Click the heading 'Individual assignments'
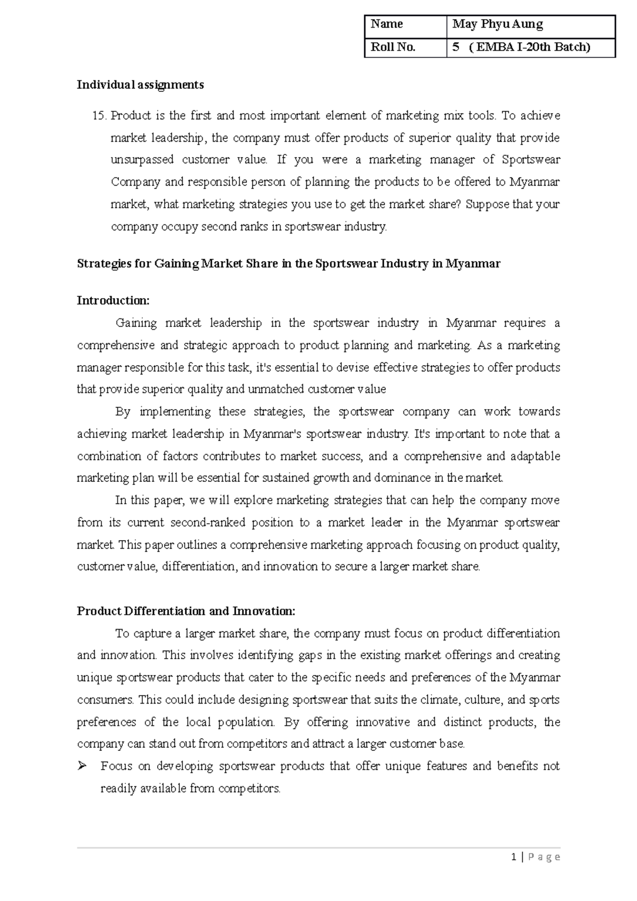pyautogui.click(x=140, y=84)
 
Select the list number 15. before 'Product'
pyautogui.click(x=100, y=116)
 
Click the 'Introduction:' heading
pyautogui.click(x=114, y=301)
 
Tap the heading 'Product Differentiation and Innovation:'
pyautogui.click(x=186, y=611)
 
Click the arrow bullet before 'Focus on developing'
pyautogui.click(x=82, y=766)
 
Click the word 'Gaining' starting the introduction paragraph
pyautogui.click(x=136, y=323)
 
